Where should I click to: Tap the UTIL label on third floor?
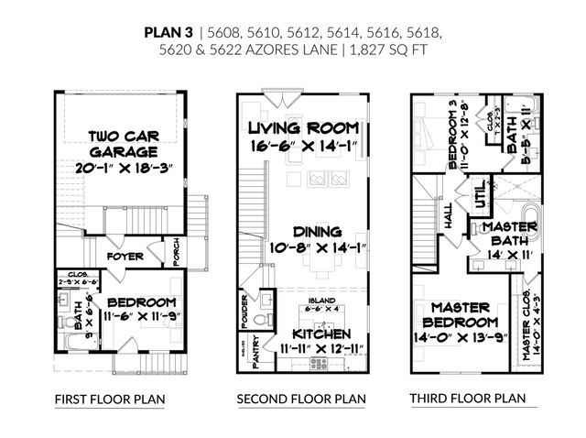479,194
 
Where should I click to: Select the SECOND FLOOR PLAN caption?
301,399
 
